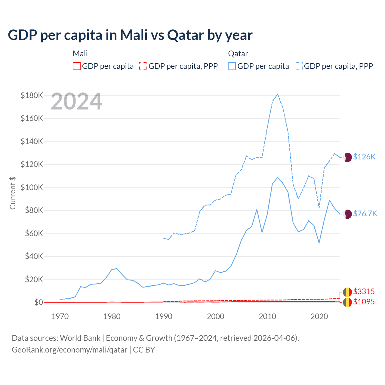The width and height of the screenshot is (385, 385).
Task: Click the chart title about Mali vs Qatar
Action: click(130, 35)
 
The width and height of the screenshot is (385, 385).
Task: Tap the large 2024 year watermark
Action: click(76, 102)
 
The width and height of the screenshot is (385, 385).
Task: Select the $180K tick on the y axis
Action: click(32, 95)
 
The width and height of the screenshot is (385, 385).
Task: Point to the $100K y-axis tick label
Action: click(32, 187)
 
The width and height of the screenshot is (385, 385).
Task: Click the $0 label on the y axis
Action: click(38, 302)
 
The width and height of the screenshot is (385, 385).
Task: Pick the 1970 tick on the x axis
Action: click(60, 316)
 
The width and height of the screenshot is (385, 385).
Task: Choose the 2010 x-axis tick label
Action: click(267, 316)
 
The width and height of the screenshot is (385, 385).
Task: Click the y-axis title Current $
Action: click(13, 193)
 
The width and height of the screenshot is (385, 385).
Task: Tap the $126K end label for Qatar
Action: click(364, 157)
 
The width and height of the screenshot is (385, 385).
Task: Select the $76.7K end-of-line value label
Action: click(365, 214)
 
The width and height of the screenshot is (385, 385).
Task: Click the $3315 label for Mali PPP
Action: click(364, 291)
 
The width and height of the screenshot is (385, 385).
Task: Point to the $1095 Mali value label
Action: click(364, 302)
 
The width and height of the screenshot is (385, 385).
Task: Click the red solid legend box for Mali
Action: click(77, 66)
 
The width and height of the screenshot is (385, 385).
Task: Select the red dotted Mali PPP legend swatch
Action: click(143, 66)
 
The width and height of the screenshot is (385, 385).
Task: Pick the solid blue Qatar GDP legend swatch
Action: click(232, 66)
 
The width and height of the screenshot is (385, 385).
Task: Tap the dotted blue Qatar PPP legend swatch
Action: click(299, 66)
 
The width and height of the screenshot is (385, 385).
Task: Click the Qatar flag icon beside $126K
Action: click(347, 157)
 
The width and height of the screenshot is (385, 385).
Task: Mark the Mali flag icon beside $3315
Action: click(347, 292)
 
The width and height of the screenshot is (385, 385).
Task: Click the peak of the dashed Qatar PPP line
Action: click(277, 94)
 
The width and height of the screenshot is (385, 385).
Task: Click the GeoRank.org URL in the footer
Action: click(69, 350)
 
